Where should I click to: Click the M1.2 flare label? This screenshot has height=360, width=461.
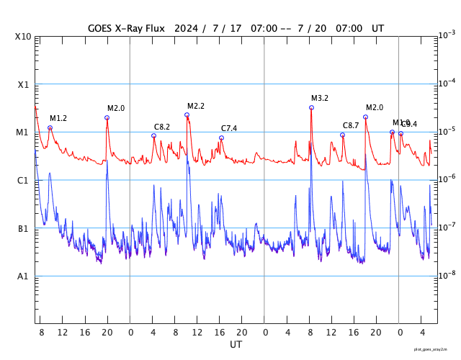point(58,118)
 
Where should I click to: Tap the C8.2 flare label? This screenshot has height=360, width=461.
point(162,127)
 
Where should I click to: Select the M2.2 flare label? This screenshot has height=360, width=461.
point(196,106)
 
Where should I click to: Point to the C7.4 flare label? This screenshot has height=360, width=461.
point(229,128)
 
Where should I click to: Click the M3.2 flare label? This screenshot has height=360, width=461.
point(320,98)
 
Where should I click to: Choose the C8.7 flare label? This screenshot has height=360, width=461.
point(351,126)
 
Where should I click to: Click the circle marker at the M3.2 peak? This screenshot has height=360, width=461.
point(311,107)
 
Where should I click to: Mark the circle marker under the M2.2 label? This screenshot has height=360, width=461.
point(187,114)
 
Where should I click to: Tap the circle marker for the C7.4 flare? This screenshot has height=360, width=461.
point(221,138)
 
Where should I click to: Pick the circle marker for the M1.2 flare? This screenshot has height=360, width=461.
point(50,127)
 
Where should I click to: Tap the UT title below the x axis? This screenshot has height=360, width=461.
point(236,345)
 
